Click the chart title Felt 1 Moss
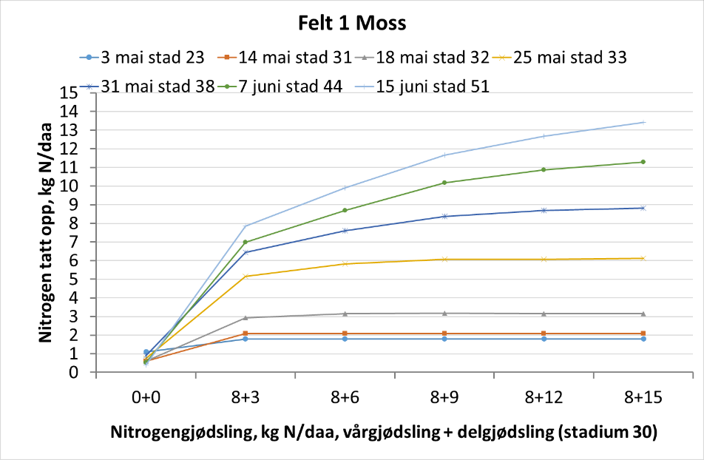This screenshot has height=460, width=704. click(352, 23)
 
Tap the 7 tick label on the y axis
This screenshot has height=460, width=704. click(73, 242)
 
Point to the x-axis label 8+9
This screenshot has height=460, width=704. click(443, 397)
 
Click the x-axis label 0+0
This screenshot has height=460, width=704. click(146, 397)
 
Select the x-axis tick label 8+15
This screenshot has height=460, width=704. click(643, 397)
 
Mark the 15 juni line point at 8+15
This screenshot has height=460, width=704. click(643, 122)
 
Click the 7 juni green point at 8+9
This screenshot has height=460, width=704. click(444, 183)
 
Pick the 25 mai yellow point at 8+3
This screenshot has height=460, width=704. click(245, 277)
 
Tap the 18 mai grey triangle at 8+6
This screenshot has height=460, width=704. click(345, 314)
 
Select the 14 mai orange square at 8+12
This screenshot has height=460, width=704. click(544, 334)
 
